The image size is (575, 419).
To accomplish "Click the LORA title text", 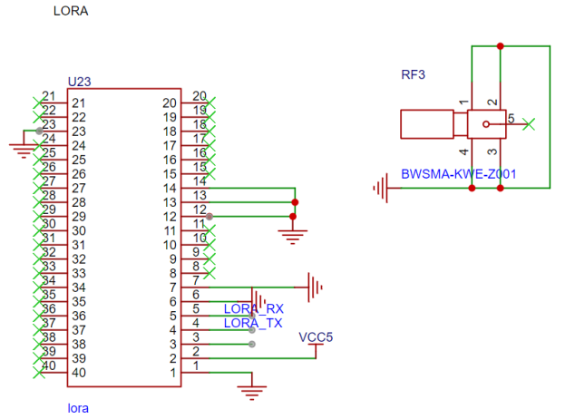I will coord(71,12).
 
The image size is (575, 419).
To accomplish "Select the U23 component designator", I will coord(79,83).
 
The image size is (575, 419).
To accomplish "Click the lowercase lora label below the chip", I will coord(78,407).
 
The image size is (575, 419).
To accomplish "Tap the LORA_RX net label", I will coord(254,309).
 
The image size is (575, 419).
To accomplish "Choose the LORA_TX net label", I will coord(253,323).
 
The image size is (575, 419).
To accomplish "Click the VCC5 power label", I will coord(317,337).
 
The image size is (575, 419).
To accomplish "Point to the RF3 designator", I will coord(414,74).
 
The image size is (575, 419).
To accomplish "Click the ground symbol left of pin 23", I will coord(22,147).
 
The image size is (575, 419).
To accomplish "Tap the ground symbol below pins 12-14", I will coord(292,237).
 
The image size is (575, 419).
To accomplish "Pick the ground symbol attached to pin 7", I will coord(316,287).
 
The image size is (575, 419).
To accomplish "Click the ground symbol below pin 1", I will coord(251,392).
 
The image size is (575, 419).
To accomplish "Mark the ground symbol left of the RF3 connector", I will coord(381,189).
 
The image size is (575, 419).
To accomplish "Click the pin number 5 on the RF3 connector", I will coord(511,118).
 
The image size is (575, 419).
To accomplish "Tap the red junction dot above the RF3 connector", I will coord(500,46).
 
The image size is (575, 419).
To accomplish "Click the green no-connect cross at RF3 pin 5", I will coord(530,123).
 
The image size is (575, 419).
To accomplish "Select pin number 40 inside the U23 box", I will coord(79,373).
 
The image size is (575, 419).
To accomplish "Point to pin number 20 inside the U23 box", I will coord(170,103).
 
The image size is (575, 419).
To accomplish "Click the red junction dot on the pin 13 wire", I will coord(293,202).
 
